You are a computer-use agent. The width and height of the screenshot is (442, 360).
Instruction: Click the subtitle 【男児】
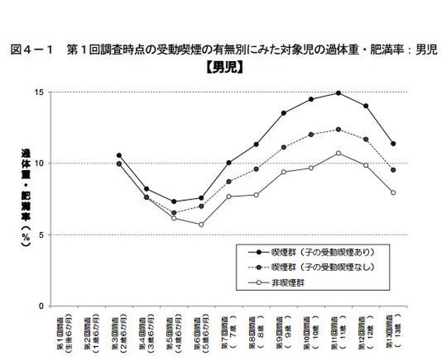click(225, 70)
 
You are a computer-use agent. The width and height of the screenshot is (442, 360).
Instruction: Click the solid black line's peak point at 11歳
click(338, 93)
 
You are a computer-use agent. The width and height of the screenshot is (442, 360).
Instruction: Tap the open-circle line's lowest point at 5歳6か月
click(200, 225)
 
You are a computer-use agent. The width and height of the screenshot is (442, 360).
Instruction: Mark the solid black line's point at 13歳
click(393, 144)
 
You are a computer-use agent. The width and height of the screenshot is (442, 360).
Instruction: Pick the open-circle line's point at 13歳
click(393, 193)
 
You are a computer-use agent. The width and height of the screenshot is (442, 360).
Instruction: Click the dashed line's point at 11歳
click(338, 130)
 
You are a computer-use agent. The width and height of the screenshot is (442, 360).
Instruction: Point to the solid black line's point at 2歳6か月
click(119, 155)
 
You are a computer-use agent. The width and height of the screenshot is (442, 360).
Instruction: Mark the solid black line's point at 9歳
click(283, 113)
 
